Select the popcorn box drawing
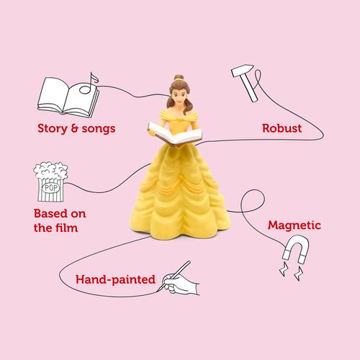click(50, 181)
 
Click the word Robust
click(282, 128)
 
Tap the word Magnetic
click(294, 225)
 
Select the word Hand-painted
click(115, 279)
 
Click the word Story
click(53, 128)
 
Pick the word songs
click(99, 129)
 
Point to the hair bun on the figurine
click(179, 77)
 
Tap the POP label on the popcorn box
click(50, 188)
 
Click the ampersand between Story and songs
click(75, 128)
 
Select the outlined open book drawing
click(68, 97)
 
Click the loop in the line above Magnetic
click(253, 201)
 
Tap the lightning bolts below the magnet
click(291, 271)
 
